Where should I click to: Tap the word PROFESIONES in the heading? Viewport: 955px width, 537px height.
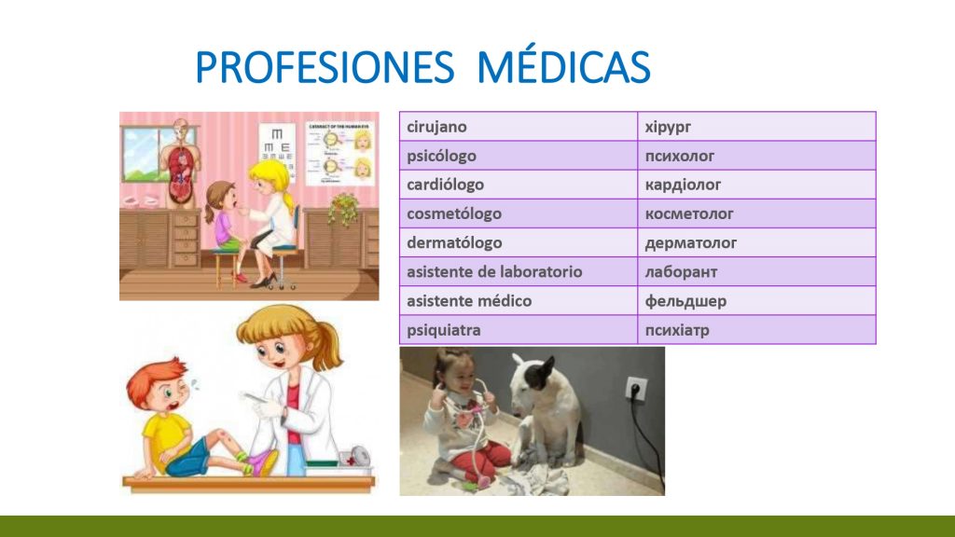pyautogui.click(x=325, y=66)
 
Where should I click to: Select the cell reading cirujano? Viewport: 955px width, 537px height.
pyautogui.click(x=519, y=127)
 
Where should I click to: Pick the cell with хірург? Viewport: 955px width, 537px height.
pyautogui.click(x=756, y=127)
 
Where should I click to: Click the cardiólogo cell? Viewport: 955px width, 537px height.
pyautogui.click(x=519, y=185)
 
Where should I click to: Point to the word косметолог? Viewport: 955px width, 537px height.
pyautogui.click(x=689, y=213)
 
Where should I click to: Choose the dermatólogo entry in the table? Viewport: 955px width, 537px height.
pyautogui.click(x=519, y=243)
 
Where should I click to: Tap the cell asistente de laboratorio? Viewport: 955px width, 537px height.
pyautogui.click(x=519, y=271)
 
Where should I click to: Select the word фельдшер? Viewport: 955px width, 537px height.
pyautogui.click(x=685, y=301)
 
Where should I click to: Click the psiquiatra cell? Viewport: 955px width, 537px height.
pyautogui.click(x=519, y=330)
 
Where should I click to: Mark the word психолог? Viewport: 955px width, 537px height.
pyautogui.click(x=680, y=156)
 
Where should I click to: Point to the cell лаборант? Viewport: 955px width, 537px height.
pyautogui.click(x=756, y=271)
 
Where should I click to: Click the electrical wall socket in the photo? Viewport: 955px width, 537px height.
pyautogui.click(x=636, y=388)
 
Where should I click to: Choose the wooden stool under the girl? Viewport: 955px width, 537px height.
pyautogui.click(x=228, y=267)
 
